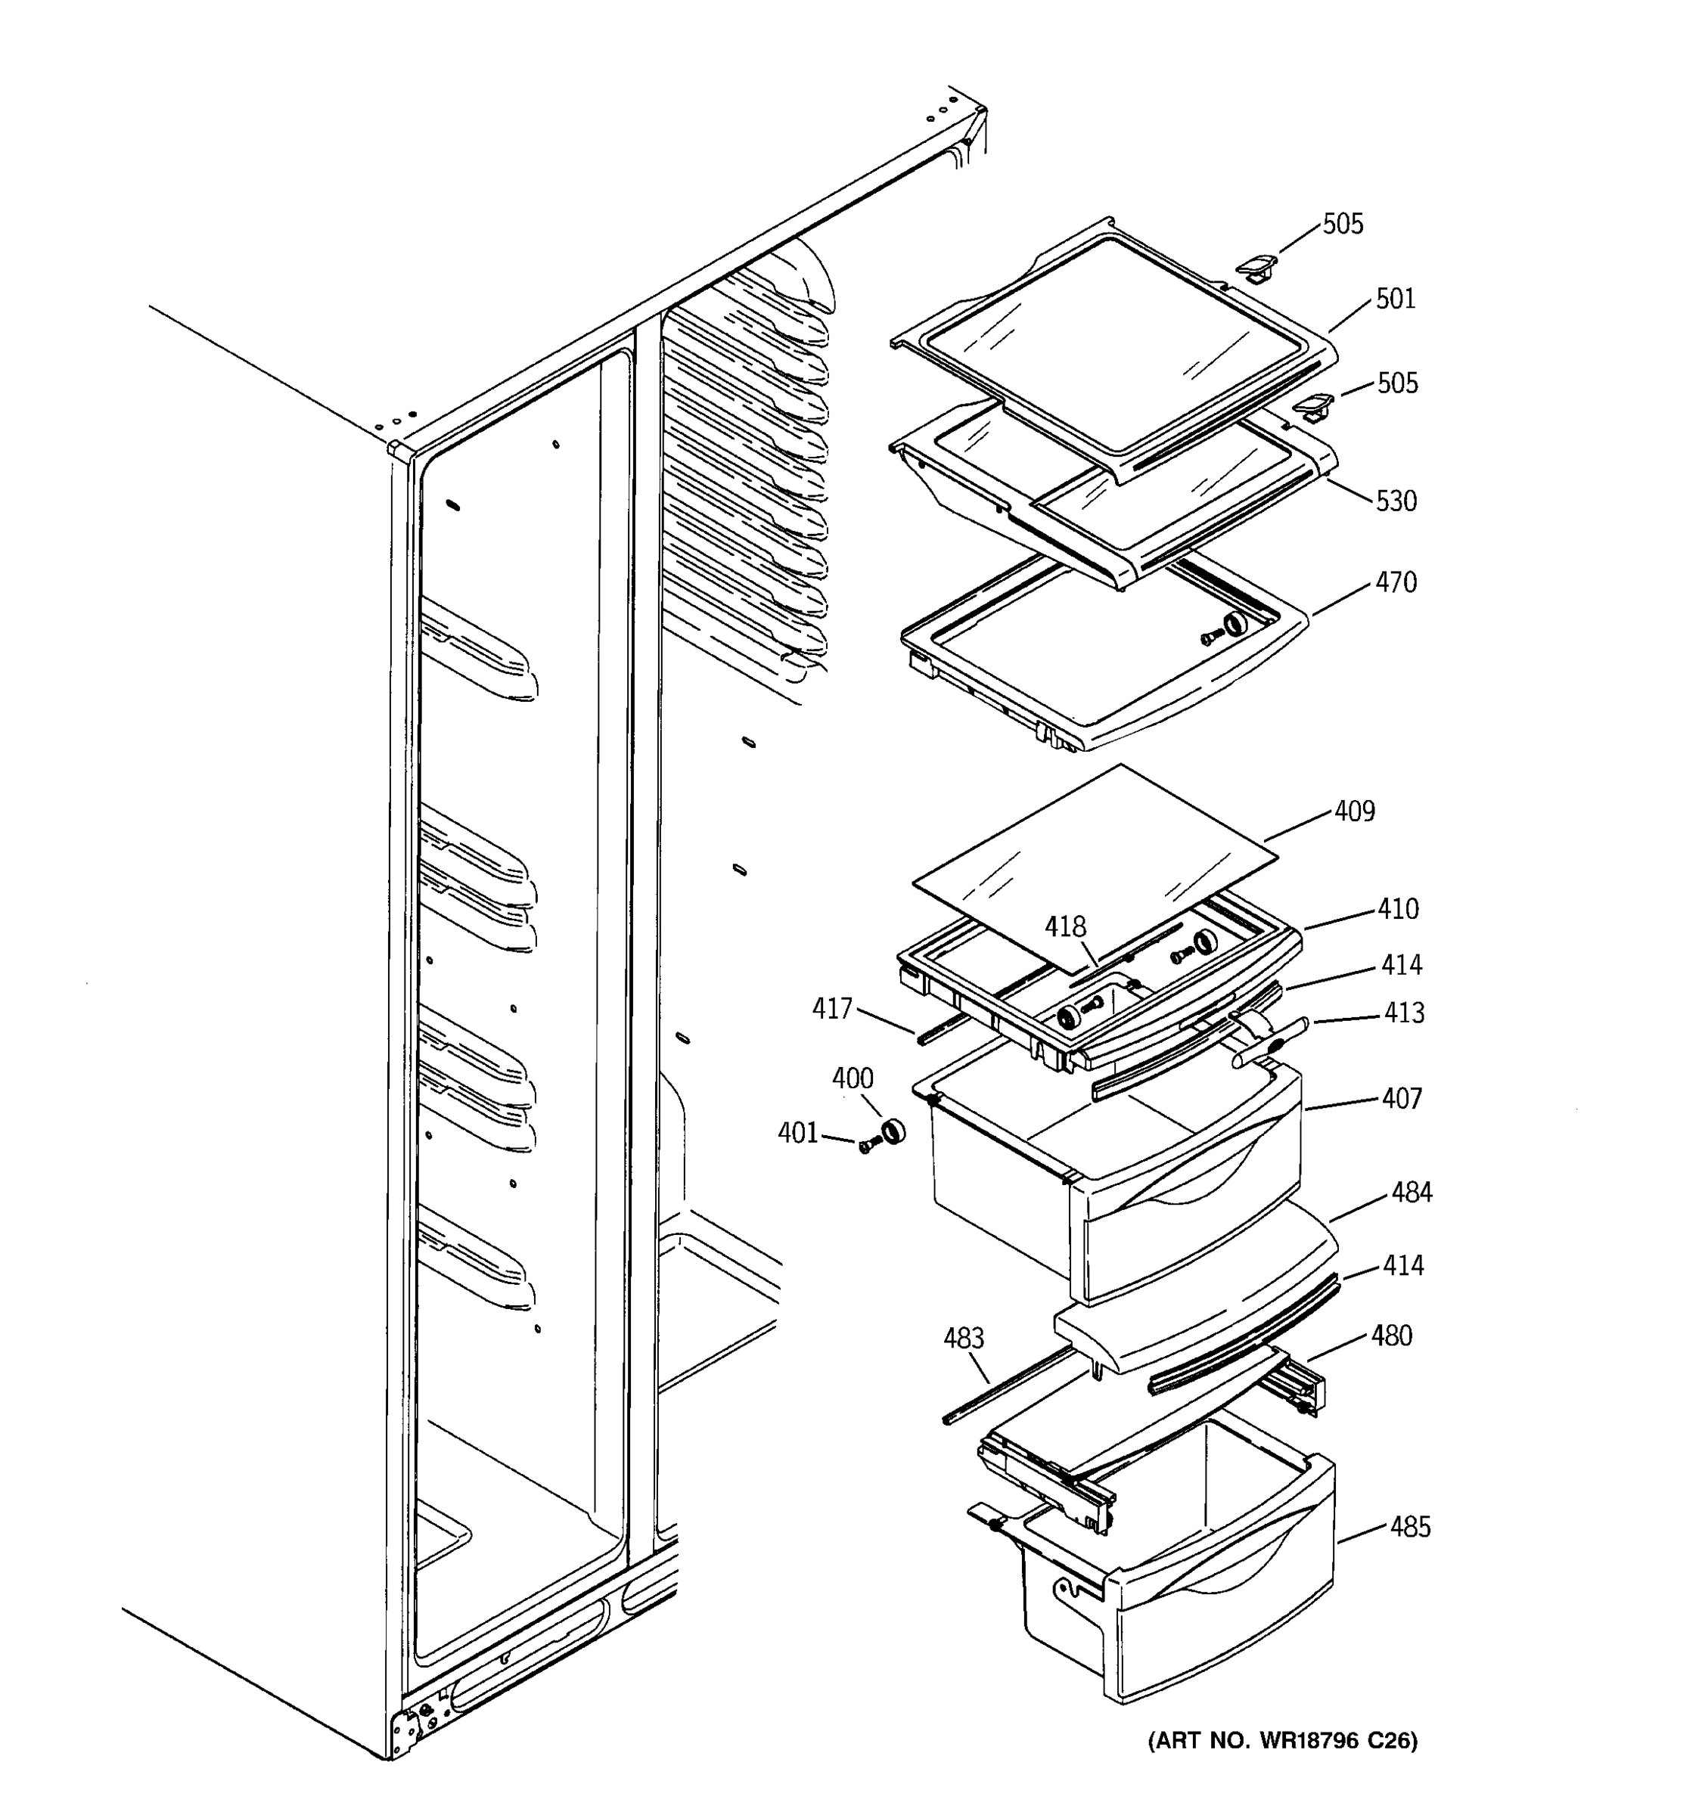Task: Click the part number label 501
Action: point(1395,299)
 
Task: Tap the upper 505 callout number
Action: point(1343,225)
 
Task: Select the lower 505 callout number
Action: point(1397,383)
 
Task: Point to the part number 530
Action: point(1396,501)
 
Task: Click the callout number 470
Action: point(1396,582)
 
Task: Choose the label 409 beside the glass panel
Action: point(1354,811)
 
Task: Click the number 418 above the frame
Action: point(1066,928)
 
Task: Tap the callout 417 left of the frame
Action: point(832,1009)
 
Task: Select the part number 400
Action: point(852,1079)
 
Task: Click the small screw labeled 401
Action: point(865,1146)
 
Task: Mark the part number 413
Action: point(1403,1013)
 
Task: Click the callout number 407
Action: point(1402,1098)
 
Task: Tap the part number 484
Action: point(1412,1193)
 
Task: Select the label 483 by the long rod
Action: point(963,1339)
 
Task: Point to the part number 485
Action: point(1410,1528)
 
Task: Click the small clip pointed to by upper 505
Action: point(1256,268)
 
